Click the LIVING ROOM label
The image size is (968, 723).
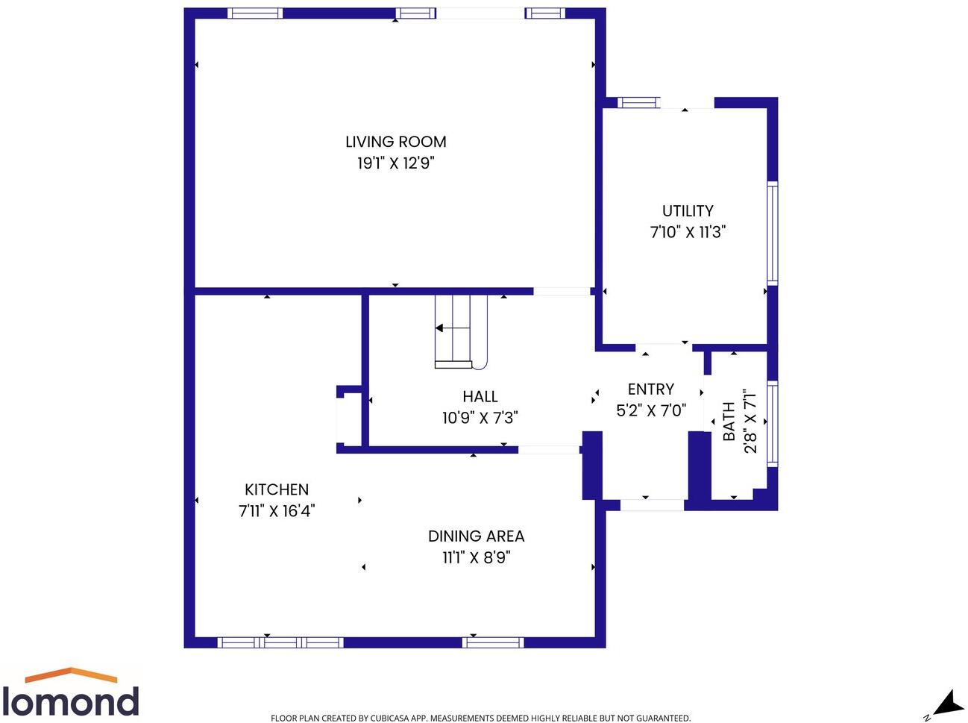(395, 142)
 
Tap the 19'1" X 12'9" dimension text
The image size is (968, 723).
(395, 163)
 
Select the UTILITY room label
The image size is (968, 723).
(688, 211)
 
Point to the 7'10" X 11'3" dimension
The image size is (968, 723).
(688, 232)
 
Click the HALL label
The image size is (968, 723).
(480, 397)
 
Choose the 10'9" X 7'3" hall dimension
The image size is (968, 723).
(480, 418)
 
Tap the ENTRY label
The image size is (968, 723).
(650, 389)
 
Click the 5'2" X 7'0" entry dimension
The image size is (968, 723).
(650, 410)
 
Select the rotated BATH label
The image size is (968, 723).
(729, 422)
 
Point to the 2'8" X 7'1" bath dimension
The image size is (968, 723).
(750, 422)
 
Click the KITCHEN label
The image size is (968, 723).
(277, 490)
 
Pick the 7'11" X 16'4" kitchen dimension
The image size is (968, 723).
(277, 511)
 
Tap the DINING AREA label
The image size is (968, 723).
(476, 536)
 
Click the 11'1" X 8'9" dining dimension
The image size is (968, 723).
(476, 557)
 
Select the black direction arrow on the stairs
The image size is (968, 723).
(441, 328)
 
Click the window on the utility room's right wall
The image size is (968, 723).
(773, 234)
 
